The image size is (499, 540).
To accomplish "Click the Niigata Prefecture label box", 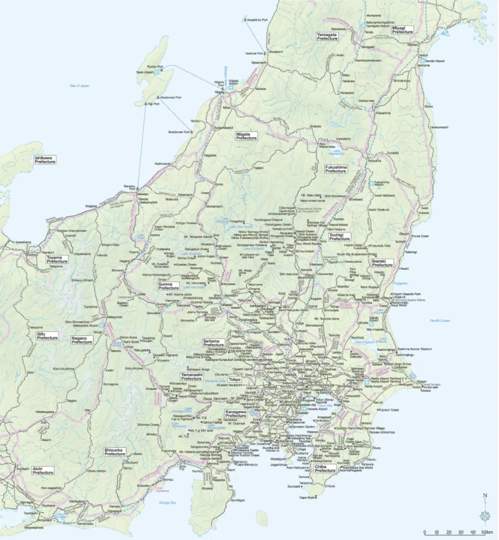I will point(247,136).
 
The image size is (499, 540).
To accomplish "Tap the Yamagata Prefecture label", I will point(327,37).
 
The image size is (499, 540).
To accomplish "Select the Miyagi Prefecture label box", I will point(402,30).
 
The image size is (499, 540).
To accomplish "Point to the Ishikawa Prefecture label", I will point(45,160).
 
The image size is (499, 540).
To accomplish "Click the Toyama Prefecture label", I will point(57,259).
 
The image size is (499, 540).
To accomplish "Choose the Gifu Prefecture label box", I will point(47,336).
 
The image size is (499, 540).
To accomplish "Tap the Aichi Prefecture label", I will point(43,470).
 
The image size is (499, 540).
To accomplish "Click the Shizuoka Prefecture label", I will point(115,452).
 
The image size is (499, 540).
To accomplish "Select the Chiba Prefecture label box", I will point(325,468).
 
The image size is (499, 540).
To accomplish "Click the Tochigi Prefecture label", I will point(339,237).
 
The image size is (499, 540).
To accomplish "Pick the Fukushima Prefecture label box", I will point(335,169).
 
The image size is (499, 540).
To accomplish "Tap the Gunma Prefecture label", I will point(168,286).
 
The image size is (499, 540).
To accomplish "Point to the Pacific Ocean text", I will point(440,321).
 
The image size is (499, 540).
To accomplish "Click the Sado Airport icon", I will point(156,72).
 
